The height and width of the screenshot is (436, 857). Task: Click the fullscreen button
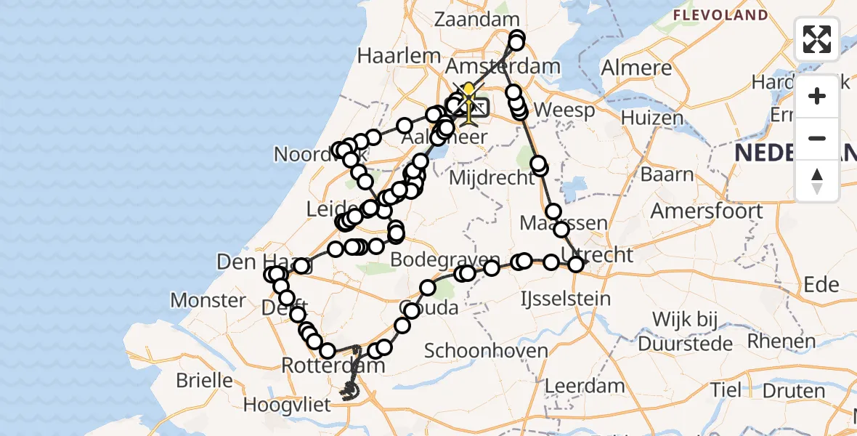817,39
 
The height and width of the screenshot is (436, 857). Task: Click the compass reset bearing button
817,181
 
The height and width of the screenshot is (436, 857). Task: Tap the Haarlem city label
400,55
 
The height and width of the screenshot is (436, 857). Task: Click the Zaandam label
477,20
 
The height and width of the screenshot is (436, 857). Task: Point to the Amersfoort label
706,211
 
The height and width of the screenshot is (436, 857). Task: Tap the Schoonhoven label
486,351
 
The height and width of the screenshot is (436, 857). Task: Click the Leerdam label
584,385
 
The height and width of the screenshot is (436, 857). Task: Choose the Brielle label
204,380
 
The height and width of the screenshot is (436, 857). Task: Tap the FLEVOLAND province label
720,15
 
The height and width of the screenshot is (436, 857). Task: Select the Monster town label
208,299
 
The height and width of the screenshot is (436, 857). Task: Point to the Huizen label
651,118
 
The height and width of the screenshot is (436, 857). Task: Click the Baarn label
667,174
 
